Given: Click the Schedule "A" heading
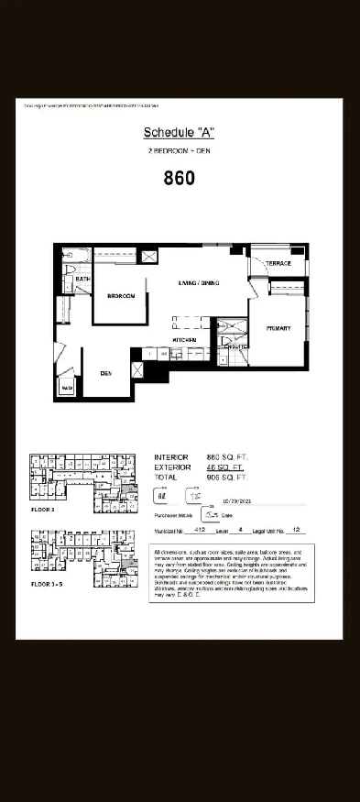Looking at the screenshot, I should (180, 133).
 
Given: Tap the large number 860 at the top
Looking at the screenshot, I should (180, 178).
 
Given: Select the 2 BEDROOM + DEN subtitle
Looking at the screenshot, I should (180, 149).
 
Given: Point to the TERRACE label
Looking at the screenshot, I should (278, 264).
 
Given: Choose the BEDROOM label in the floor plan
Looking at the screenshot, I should (122, 297).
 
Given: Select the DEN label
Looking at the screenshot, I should (106, 374).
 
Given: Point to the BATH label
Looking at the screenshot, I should (82, 279).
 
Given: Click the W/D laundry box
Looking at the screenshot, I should (67, 389).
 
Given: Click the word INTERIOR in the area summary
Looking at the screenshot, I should (171, 456).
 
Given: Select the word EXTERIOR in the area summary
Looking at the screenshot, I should (173, 467).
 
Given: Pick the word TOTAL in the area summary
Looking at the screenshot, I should (166, 478).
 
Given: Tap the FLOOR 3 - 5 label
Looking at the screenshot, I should (49, 582).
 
